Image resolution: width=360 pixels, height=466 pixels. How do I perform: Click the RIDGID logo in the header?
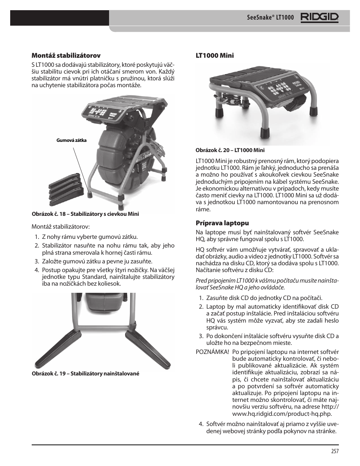[x=319, y=18]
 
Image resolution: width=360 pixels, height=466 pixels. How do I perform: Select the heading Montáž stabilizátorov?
[x=66, y=55]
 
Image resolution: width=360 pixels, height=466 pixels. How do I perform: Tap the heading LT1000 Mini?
[x=214, y=55]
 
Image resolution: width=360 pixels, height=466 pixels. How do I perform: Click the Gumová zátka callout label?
[x=71, y=140]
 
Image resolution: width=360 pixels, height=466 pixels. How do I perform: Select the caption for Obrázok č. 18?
[x=85, y=214]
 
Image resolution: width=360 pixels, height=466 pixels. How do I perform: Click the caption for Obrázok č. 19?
[x=85, y=374]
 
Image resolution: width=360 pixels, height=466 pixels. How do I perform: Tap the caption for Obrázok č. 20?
[x=230, y=150]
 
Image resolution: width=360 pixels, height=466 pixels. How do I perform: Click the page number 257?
[x=335, y=451]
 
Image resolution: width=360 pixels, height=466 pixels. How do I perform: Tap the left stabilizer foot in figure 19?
[x=57, y=349]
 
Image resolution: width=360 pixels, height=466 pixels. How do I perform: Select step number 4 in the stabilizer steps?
[x=37, y=270]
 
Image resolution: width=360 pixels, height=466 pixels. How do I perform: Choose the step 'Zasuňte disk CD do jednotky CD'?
[x=259, y=298]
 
